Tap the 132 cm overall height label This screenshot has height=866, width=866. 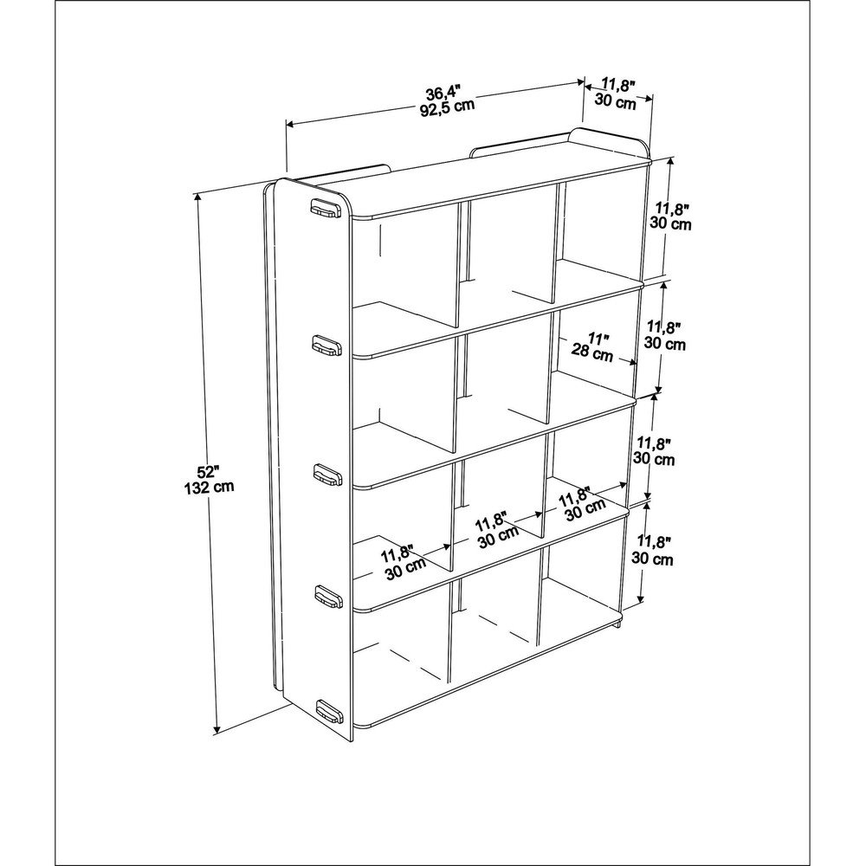209,487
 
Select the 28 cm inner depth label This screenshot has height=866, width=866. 592,352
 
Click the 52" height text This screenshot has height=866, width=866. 209,472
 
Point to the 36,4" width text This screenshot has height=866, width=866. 443,91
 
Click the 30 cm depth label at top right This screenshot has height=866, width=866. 616,101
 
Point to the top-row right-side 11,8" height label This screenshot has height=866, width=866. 672,210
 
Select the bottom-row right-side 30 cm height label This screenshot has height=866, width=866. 652,559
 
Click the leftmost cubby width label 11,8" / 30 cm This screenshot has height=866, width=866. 403,562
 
